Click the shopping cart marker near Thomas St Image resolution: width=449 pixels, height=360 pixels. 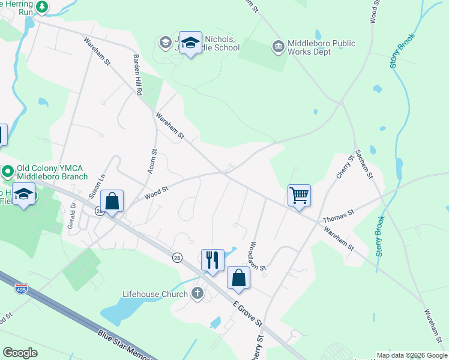299,195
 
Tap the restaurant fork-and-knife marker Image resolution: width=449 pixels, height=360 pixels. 212,260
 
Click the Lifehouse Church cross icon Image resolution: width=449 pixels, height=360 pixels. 197,293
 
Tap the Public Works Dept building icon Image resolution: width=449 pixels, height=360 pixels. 278,47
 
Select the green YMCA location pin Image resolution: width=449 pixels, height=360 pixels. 7,172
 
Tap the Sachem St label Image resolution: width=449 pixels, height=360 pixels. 364,163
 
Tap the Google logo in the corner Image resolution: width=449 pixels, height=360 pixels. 20,353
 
